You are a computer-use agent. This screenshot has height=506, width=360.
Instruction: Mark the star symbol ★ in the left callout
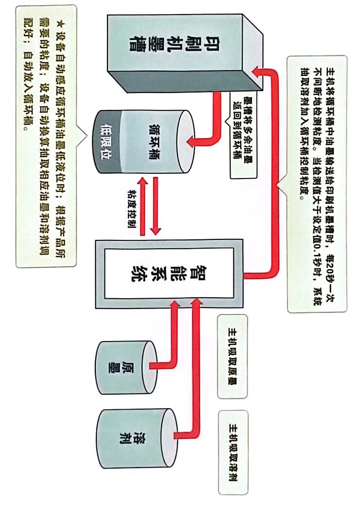coord(60,22)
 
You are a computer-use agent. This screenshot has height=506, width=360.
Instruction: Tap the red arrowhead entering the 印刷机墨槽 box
coord(257,72)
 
